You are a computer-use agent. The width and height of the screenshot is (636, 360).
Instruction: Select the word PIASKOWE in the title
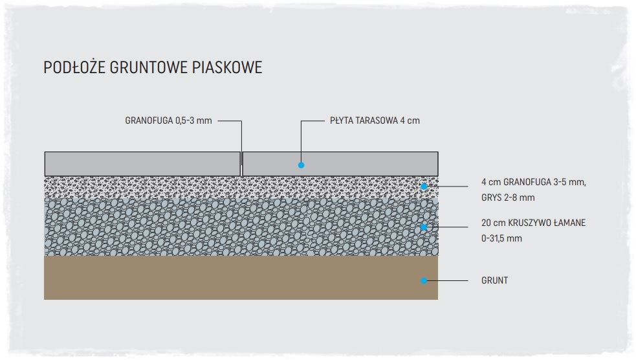pyautogui.click(x=227, y=67)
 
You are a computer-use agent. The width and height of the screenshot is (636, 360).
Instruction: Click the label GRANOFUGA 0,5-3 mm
pyautogui.click(x=168, y=120)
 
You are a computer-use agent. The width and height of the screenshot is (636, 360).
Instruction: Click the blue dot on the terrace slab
pyautogui.click(x=301, y=165)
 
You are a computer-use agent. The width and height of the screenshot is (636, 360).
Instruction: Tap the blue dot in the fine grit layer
pyautogui.click(x=424, y=186)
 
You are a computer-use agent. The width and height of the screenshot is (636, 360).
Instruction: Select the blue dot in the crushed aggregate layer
pyautogui.click(x=424, y=227)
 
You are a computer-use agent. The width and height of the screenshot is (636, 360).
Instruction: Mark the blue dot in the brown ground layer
pyautogui.click(x=424, y=280)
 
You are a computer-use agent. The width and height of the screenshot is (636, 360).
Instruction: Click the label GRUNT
pyautogui.click(x=494, y=280)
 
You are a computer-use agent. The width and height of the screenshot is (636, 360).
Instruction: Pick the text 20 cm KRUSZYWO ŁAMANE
pyautogui.click(x=533, y=223)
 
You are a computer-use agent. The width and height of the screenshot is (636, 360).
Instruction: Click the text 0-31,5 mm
pyautogui.click(x=501, y=238)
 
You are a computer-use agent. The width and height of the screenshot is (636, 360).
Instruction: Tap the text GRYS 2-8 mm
pyautogui.click(x=508, y=197)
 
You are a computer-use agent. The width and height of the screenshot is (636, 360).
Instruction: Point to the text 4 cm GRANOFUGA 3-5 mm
pyautogui.click(x=533, y=182)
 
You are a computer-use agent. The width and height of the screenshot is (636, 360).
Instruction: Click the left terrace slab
pyautogui.click(x=142, y=164)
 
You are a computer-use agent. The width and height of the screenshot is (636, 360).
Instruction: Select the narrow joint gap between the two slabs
pyautogui.click(x=241, y=164)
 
